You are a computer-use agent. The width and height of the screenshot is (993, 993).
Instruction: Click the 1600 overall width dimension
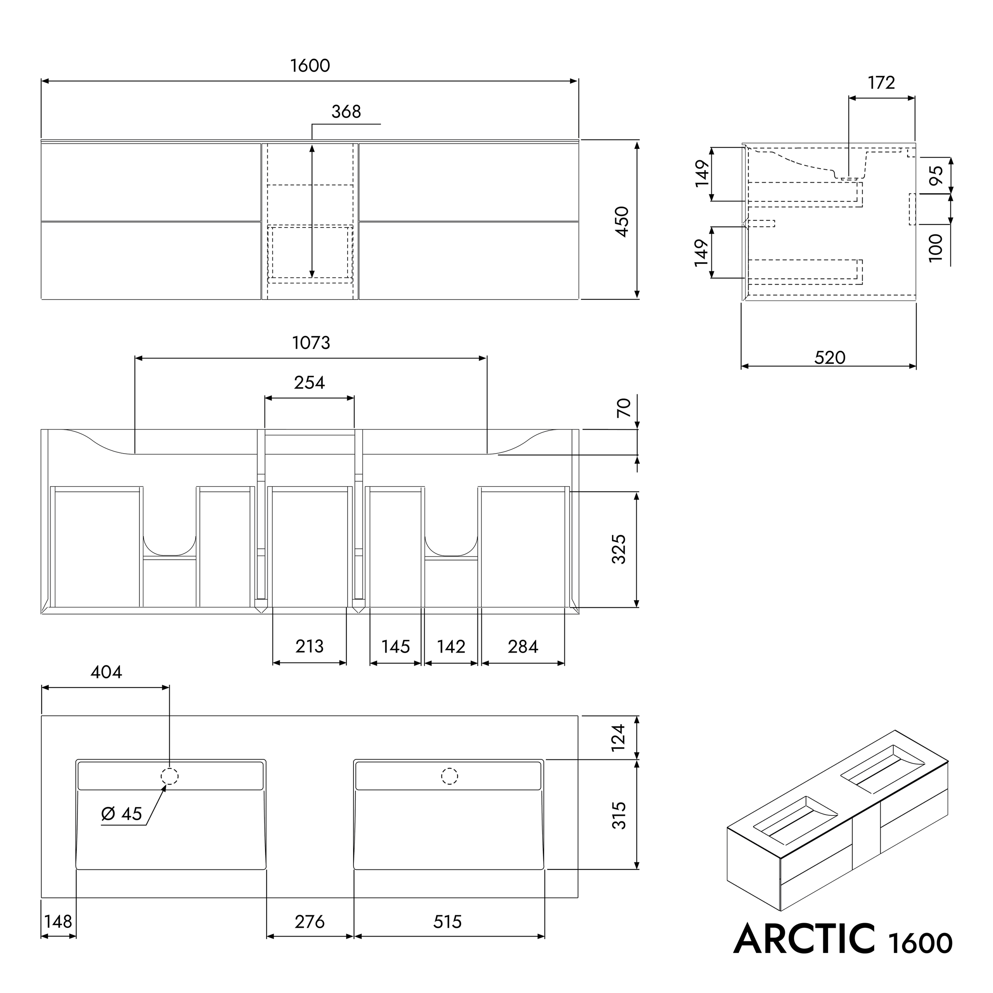310,66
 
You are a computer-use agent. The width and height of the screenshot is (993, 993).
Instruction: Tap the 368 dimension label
346,112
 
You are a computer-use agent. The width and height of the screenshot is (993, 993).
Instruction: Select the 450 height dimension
622,222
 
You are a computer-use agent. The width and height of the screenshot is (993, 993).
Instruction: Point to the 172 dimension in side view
881,83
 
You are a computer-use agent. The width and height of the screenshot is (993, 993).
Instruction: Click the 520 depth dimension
830,357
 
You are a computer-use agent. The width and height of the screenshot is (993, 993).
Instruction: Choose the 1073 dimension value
311,343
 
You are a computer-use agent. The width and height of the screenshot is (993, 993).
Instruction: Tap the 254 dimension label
309,383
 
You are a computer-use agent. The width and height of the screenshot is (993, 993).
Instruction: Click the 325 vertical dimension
619,549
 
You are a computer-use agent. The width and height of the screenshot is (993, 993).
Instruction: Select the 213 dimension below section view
309,646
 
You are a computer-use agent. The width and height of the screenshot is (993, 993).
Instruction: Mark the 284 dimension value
523,646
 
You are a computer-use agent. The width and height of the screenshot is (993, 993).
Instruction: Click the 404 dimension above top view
106,672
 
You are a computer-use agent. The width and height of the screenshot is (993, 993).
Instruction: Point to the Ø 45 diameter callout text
122,813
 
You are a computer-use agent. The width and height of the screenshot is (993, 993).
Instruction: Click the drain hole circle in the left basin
170,776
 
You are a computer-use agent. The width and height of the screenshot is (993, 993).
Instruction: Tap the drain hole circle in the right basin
450,776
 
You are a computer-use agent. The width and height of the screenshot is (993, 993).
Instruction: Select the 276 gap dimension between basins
309,922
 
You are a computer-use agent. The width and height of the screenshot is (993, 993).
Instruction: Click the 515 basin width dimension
447,922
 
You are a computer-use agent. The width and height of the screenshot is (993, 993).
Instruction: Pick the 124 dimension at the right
619,737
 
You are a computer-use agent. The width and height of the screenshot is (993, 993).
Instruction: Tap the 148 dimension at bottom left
58,922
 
